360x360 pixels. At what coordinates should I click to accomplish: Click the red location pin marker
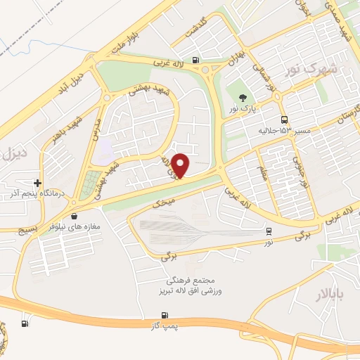point(181,165)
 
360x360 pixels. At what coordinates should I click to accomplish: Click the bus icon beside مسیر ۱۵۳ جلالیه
point(283,120)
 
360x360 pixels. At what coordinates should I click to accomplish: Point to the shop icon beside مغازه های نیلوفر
point(74,217)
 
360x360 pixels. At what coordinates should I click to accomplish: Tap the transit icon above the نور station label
point(269,231)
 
